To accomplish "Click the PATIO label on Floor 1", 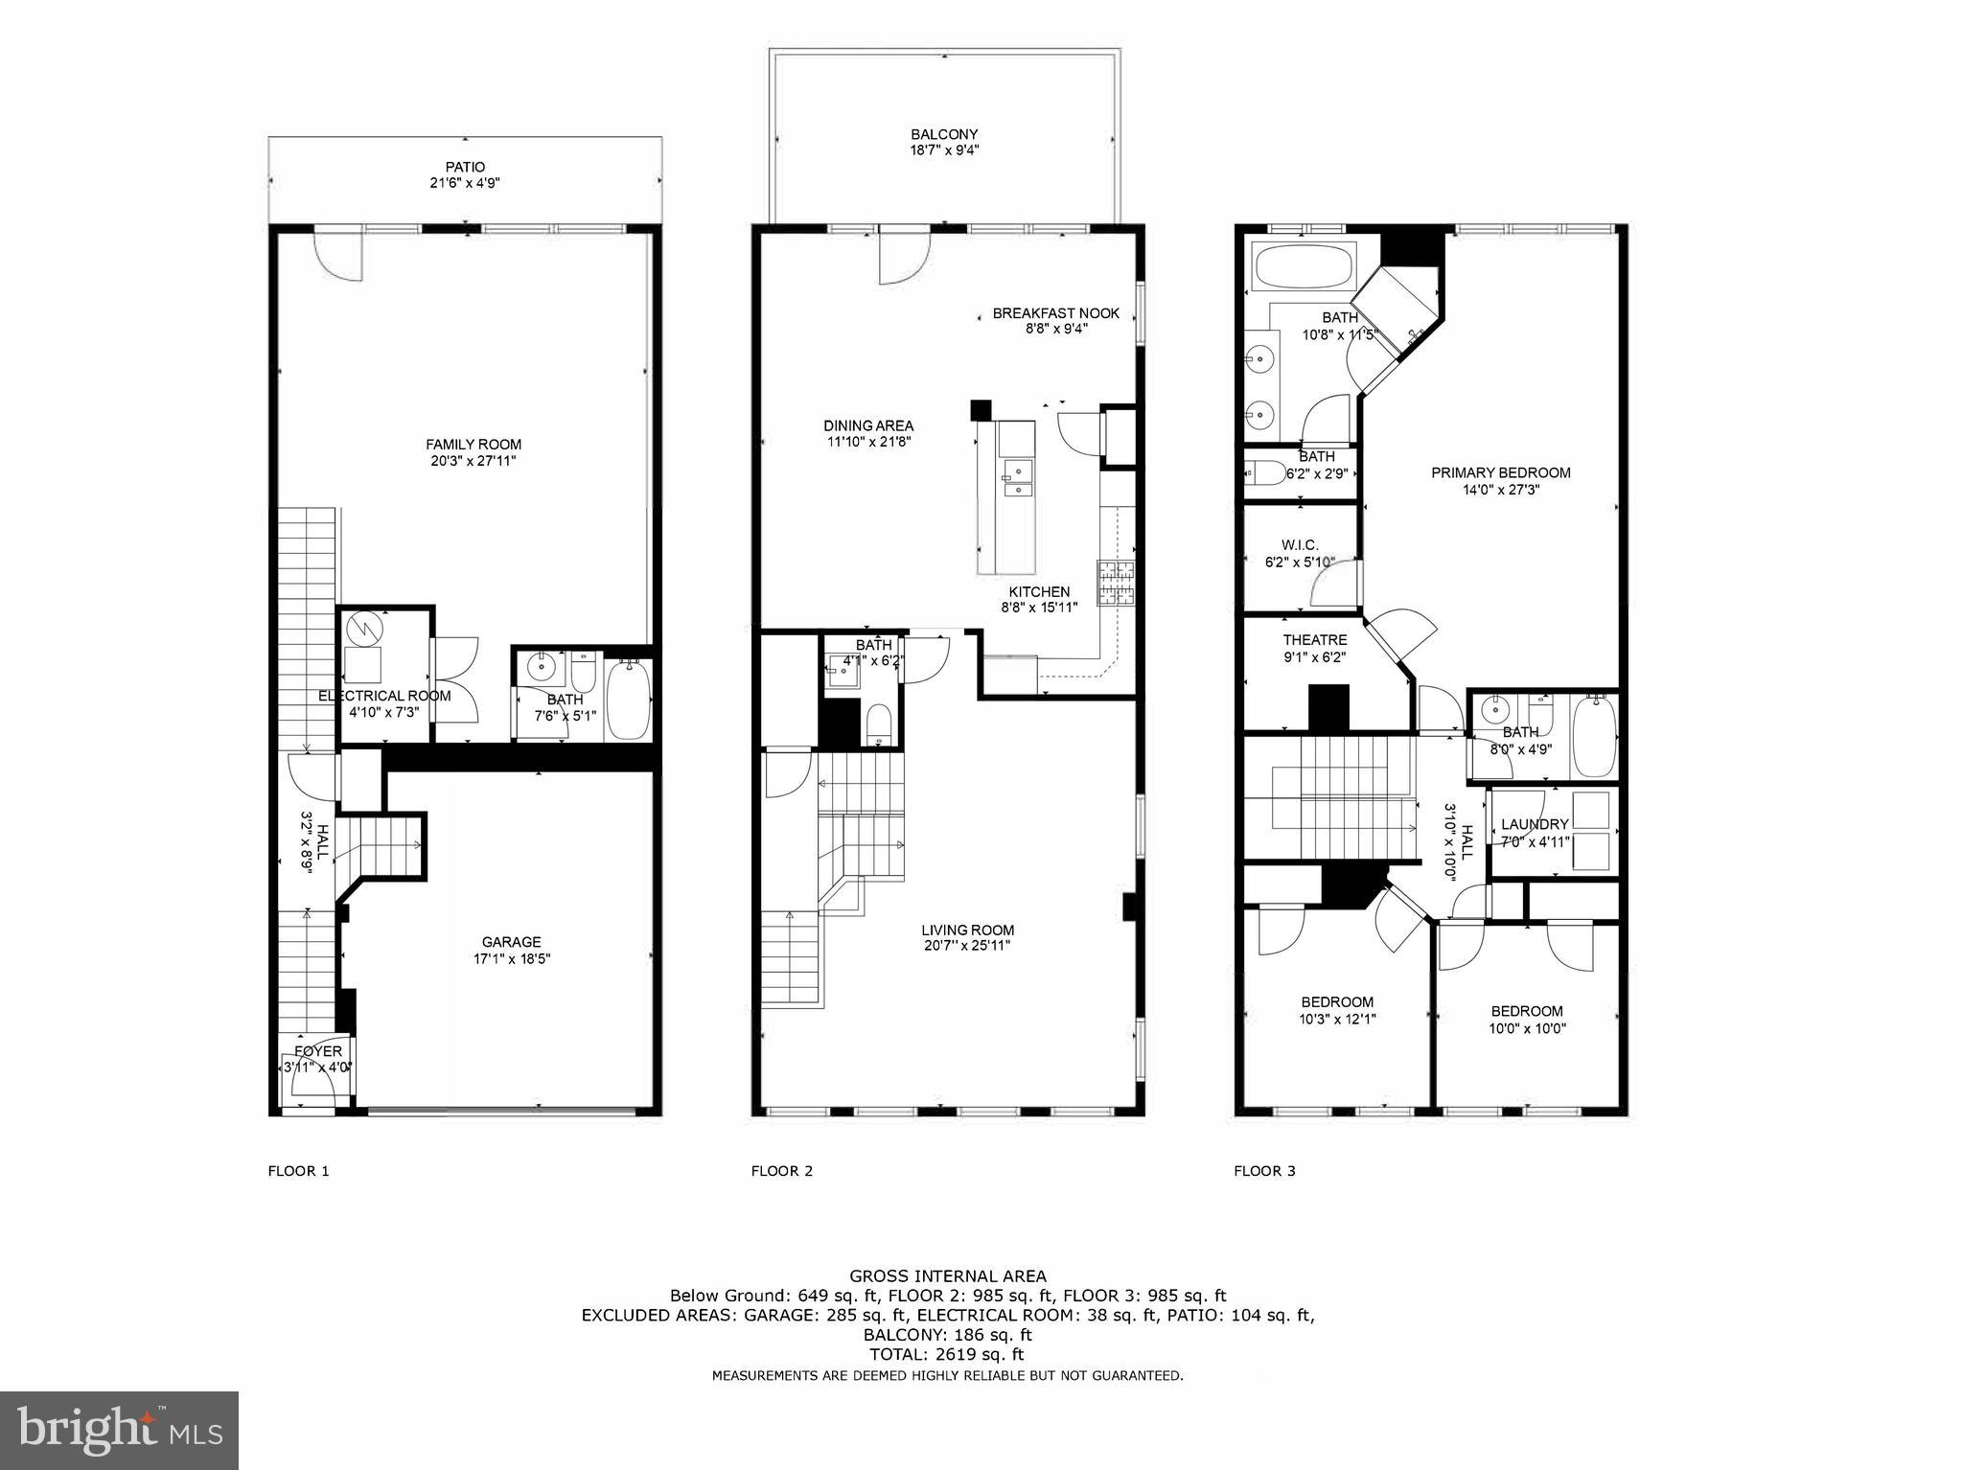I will click(x=465, y=167).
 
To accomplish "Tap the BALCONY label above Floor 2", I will click(x=944, y=134).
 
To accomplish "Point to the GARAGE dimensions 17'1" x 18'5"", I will click(x=511, y=958).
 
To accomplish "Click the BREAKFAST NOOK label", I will click(x=1055, y=313).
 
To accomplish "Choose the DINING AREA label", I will click(x=868, y=425).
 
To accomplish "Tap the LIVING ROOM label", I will click(x=967, y=930).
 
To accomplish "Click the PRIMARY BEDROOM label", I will click(x=1500, y=472).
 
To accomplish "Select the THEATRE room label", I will click(x=1314, y=640).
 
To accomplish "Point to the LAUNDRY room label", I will click(x=1534, y=824).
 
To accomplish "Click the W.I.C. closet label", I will click(x=1300, y=544).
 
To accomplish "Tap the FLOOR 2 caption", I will click(x=781, y=1170).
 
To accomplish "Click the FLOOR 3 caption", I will click(x=1264, y=1170).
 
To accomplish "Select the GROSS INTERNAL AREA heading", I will click(x=947, y=1275).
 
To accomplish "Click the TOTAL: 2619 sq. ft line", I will click(x=946, y=1354).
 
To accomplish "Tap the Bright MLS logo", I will click(x=119, y=1431).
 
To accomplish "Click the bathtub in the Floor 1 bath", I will click(x=629, y=701).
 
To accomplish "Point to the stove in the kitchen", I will click(x=1116, y=583).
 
